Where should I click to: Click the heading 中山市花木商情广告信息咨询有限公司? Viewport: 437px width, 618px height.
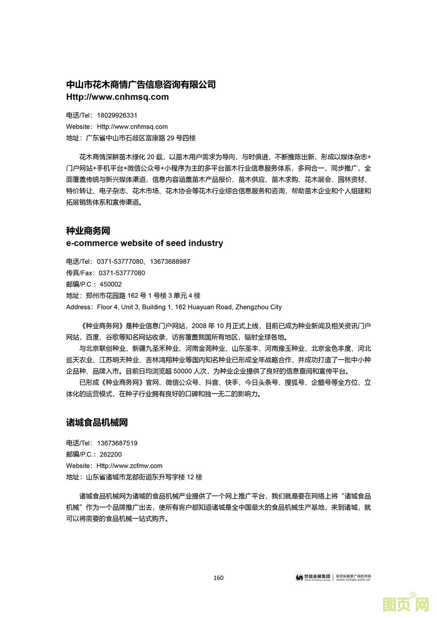pyautogui.click(x=141, y=85)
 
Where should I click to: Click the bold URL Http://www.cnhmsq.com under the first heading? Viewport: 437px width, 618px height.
pyautogui.click(x=117, y=97)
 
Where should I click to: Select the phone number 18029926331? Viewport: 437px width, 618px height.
pyautogui.click(x=117, y=115)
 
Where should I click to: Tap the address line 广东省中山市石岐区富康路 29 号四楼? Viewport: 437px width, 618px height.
pyautogui.click(x=140, y=138)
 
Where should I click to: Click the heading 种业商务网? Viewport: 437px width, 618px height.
pyautogui.click(x=88, y=231)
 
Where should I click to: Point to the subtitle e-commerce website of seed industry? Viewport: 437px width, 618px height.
pyautogui.click(x=144, y=243)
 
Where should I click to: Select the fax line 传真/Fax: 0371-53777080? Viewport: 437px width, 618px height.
pyautogui.click(x=105, y=273)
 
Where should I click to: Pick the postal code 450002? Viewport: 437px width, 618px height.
pyautogui.click(x=111, y=284)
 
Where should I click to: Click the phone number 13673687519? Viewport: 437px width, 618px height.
pyautogui.click(x=117, y=443)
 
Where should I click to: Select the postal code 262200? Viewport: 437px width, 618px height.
pyautogui.click(x=111, y=455)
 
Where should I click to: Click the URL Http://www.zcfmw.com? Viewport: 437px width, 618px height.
pyautogui.click(x=130, y=466)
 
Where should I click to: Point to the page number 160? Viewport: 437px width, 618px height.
pyautogui.click(x=218, y=578)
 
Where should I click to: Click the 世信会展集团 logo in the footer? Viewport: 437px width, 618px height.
pyautogui.click(x=313, y=577)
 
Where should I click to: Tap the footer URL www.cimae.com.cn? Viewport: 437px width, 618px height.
pyautogui.click(x=353, y=580)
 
